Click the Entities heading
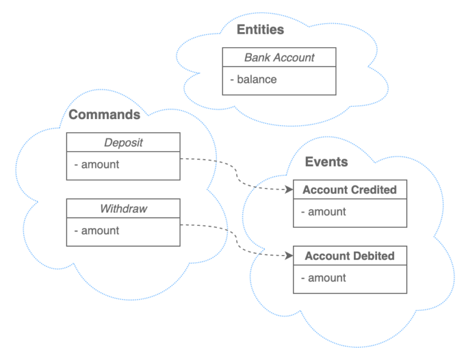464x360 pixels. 260,30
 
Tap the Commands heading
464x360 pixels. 105,114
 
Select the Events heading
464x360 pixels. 326,162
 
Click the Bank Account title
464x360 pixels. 279,58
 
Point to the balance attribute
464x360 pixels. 254,79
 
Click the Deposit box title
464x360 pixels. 123,143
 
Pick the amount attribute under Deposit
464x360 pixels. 97,164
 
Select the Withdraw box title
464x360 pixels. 123,209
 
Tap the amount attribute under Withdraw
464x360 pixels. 97,231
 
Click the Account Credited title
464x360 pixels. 349,190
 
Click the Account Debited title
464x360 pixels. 349,256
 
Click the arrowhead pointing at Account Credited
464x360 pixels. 289,190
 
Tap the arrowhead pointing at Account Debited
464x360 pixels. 289,256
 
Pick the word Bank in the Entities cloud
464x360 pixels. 256,58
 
